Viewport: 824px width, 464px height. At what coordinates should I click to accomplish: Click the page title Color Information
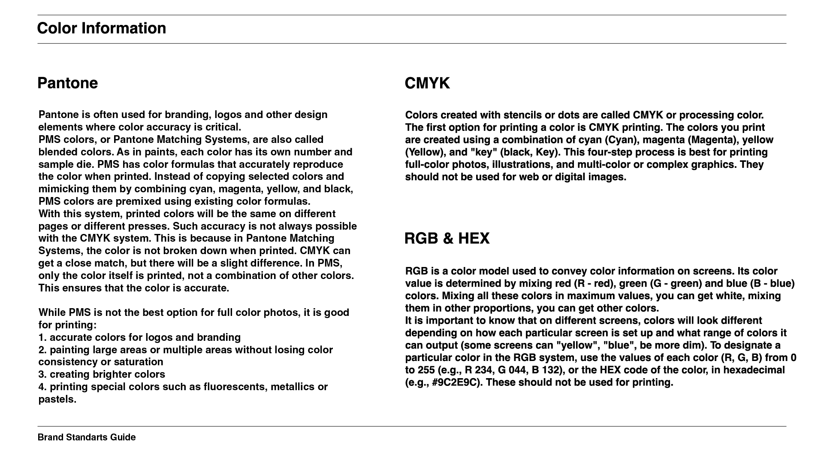[x=101, y=28]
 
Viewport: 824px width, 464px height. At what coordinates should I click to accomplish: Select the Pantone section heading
[x=67, y=83]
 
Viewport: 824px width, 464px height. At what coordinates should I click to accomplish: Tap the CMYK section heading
[x=427, y=83]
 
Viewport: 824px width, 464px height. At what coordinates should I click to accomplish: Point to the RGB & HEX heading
[x=447, y=239]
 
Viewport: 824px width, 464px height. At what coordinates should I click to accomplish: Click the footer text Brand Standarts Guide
[x=87, y=437]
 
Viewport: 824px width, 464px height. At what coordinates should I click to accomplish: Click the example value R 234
[x=479, y=370]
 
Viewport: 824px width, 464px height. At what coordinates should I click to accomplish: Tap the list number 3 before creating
[x=42, y=374]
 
